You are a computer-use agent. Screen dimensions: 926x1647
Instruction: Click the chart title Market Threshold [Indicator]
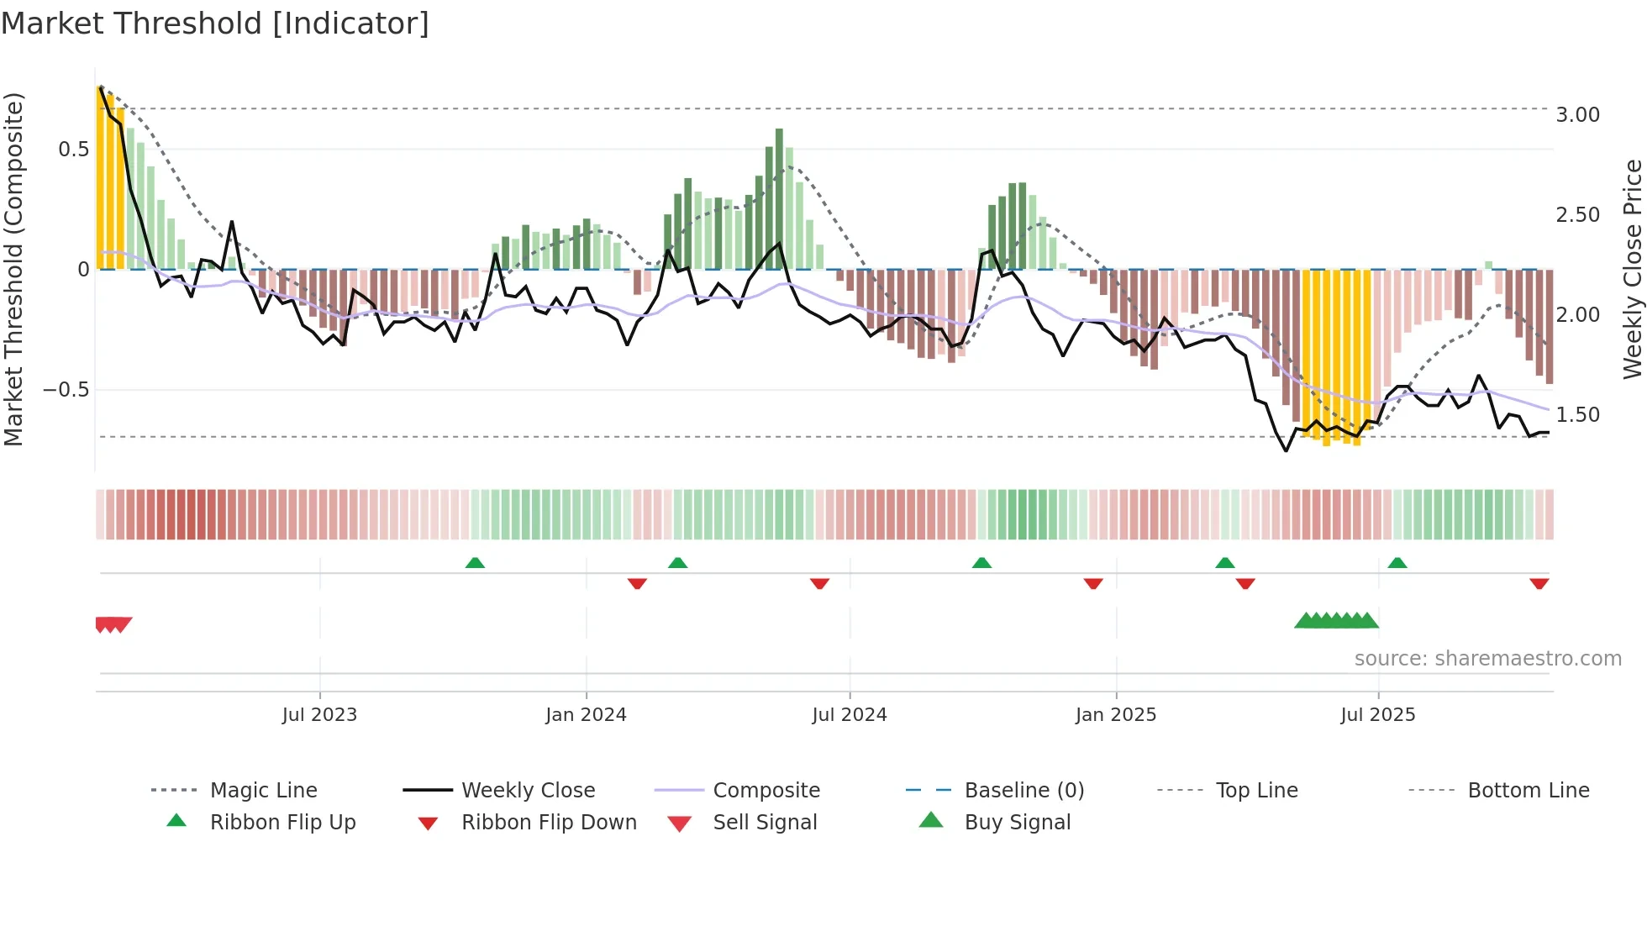[x=215, y=24]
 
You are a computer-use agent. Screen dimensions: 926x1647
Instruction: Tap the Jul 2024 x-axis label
[x=849, y=715]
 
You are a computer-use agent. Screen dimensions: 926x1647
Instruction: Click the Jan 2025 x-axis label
[x=1115, y=715]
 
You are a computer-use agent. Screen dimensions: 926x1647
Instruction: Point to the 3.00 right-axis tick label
[x=1577, y=115]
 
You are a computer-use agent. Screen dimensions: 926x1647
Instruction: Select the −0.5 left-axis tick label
[x=66, y=390]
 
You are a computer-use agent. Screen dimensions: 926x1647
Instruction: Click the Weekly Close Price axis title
[x=1632, y=269]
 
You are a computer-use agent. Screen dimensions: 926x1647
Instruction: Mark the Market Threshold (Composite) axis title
[x=13, y=269]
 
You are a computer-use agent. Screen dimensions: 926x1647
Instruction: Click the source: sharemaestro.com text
[x=1487, y=659]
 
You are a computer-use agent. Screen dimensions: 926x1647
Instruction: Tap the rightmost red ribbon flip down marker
[x=1539, y=584]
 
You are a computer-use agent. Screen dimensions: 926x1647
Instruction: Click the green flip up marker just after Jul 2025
[x=1397, y=563]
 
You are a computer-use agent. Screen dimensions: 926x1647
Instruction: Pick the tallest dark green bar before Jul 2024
[x=779, y=198]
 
